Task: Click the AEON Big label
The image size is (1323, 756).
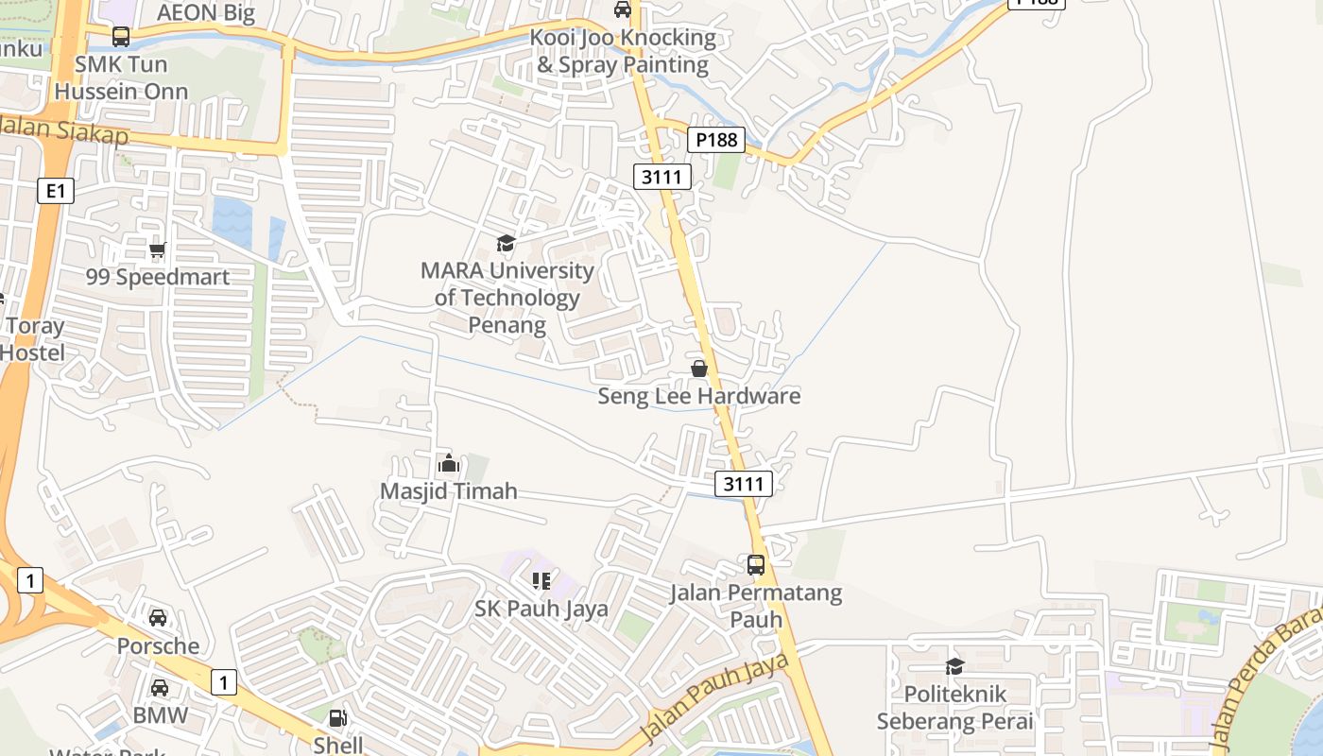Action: pyautogui.click(x=205, y=12)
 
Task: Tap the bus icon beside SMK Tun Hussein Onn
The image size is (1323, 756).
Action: pyautogui.click(x=121, y=37)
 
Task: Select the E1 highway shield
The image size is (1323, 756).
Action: pyautogui.click(x=55, y=191)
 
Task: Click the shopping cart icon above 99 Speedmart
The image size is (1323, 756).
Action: pyautogui.click(x=157, y=250)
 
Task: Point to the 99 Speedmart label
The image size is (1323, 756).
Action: pyautogui.click(x=158, y=277)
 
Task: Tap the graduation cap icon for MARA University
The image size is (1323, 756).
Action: pyautogui.click(x=507, y=244)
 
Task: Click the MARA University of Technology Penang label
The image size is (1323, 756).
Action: pyautogui.click(x=507, y=298)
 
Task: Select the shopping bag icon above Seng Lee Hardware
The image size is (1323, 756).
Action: pyautogui.click(x=699, y=369)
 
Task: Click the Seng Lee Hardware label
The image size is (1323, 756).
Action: pyautogui.click(x=698, y=396)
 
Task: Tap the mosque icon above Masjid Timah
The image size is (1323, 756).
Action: pyautogui.click(x=449, y=464)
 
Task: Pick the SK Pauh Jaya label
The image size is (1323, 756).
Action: pyautogui.click(x=541, y=609)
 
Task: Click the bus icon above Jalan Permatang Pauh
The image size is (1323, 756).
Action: pyautogui.click(x=756, y=565)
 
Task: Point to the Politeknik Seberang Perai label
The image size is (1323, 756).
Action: pyautogui.click(x=955, y=708)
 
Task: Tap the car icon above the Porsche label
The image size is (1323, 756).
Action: pyautogui.click(x=158, y=618)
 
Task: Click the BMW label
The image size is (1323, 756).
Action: pyautogui.click(x=161, y=715)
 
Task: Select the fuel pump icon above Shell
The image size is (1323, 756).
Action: pyautogui.click(x=338, y=718)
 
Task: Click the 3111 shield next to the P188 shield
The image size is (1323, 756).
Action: pyautogui.click(x=662, y=176)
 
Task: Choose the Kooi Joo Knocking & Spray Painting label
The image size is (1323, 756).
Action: pyautogui.click(x=623, y=51)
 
